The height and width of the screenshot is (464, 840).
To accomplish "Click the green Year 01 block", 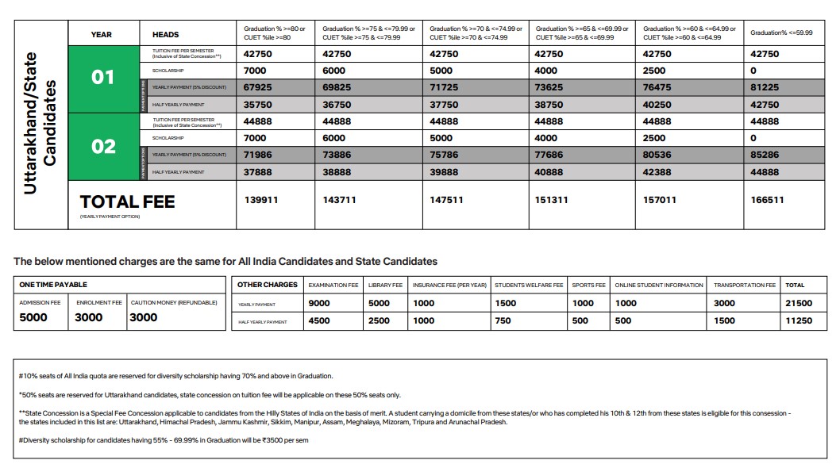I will point(104,78).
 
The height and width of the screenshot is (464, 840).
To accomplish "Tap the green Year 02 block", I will point(104,147).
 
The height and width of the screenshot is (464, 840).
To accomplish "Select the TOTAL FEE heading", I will point(127,201).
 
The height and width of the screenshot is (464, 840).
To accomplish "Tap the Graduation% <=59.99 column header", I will point(781,33).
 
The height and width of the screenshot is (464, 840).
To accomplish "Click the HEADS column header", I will point(165,34).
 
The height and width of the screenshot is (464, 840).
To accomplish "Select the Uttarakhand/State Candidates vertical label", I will point(40,123).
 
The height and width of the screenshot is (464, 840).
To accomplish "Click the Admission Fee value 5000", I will point(33,317).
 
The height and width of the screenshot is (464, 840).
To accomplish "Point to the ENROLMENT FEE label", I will point(98,303).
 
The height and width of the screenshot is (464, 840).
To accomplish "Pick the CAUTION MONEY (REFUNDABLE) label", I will point(175,303).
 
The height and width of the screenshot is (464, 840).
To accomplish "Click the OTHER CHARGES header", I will point(268,285).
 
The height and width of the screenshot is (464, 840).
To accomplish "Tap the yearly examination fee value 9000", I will point(319,303).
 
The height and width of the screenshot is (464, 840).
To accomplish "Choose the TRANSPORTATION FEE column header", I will point(744,285).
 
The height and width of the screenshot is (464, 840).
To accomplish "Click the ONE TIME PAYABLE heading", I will point(53,285).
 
